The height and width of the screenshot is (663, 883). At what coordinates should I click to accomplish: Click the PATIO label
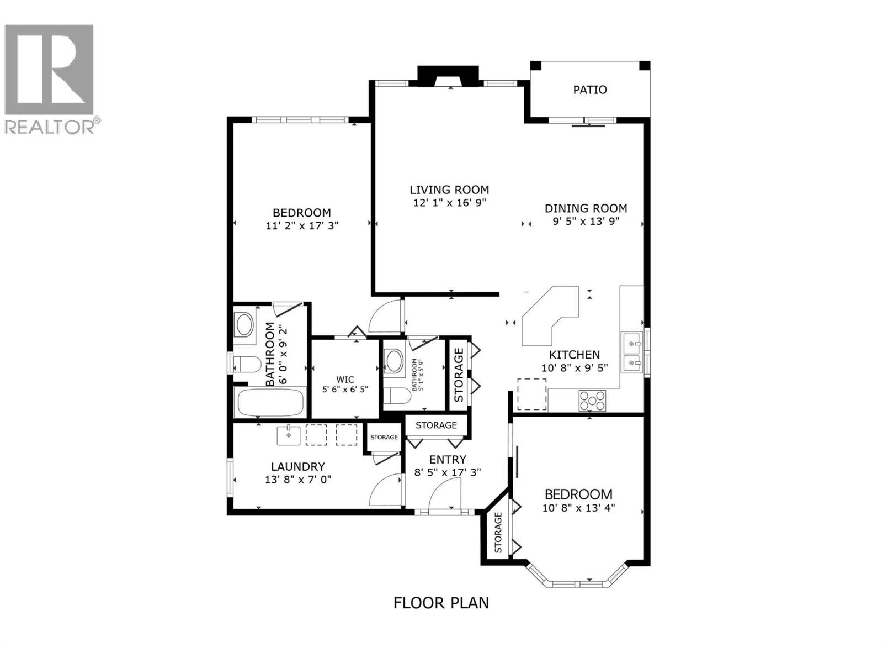click(x=589, y=90)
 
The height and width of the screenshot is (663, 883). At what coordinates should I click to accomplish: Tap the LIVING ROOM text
click(x=449, y=190)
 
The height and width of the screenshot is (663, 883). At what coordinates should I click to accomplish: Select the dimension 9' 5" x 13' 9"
click(x=586, y=221)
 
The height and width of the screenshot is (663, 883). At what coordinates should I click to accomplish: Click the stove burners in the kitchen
click(x=592, y=401)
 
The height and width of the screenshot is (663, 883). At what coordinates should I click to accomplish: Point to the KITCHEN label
click(x=574, y=355)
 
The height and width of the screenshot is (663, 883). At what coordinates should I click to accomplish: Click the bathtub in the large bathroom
click(x=270, y=403)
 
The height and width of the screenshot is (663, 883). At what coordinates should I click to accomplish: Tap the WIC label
click(x=345, y=380)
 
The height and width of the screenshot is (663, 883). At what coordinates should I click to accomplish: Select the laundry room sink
click(x=288, y=435)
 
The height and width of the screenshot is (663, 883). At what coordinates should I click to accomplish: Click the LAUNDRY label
click(x=297, y=467)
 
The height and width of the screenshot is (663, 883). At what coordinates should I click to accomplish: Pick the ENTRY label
click(x=448, y=460)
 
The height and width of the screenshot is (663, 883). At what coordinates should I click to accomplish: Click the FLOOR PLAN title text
click(x=441, y=602)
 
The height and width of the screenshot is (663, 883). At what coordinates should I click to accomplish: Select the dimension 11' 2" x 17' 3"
click(x=301, y=225)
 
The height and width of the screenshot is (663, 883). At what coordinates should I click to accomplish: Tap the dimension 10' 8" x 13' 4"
click(x=578, y=508)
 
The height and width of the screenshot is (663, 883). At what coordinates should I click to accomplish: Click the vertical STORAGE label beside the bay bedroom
click(x=498, y=533)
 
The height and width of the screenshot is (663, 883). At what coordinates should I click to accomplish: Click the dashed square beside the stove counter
click(x=531, y=394)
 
